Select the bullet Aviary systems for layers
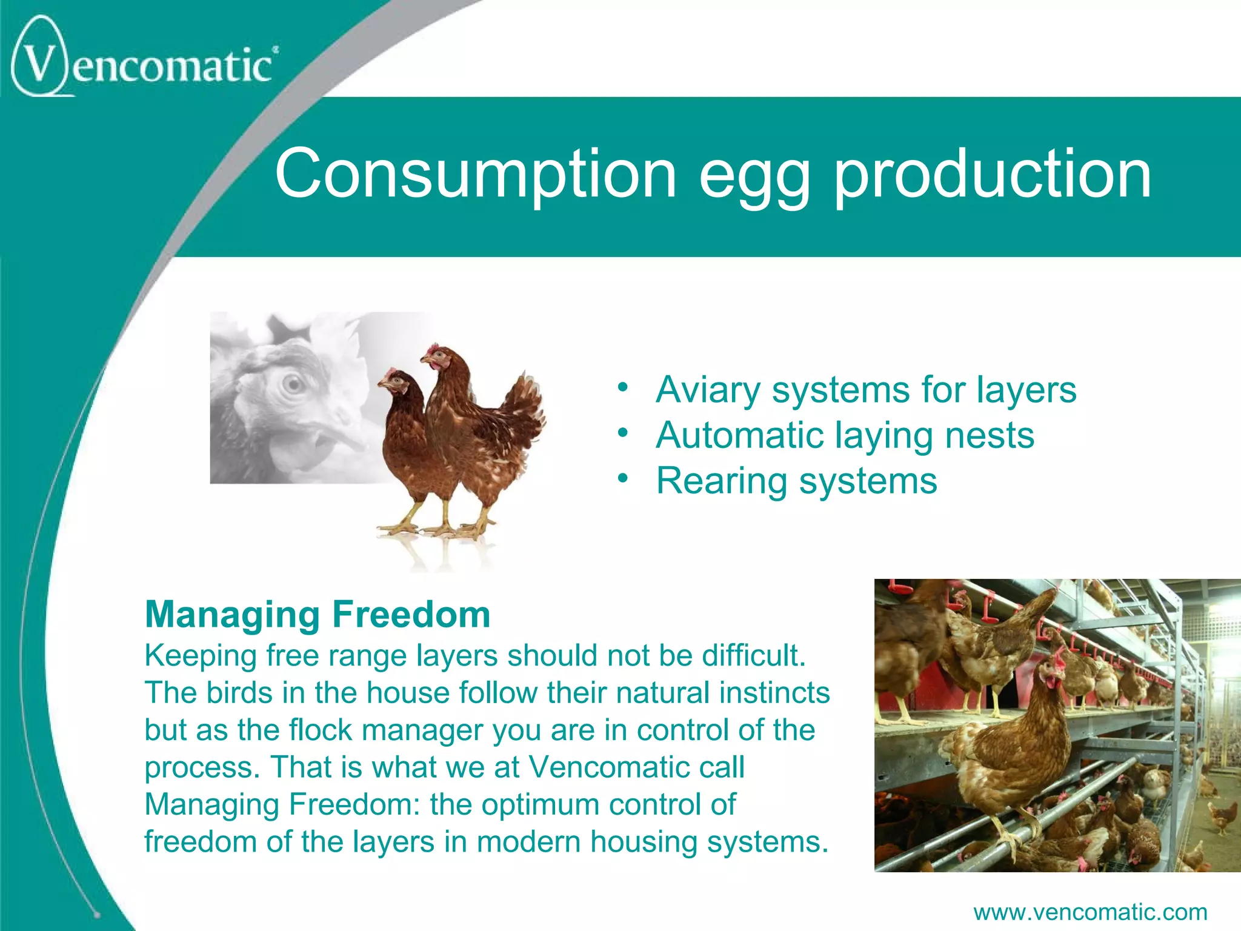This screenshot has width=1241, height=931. [x=866, y=389]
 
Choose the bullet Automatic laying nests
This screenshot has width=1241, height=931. [x=845, y=435]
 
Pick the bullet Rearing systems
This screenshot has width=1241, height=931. [x=796, y=481]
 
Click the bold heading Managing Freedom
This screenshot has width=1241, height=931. [x=318, y=614]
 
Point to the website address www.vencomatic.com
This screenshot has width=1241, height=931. [x=1090, y=912]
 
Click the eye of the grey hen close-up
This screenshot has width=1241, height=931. [x=293, y=384]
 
